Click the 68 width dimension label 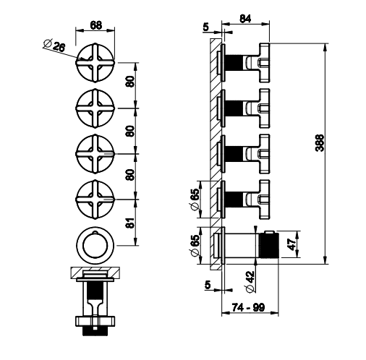pos(96,25)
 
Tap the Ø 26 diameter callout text pos(54,46)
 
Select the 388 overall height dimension pos(320,143)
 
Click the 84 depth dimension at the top pos(245,19)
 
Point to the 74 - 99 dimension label pos(248,307)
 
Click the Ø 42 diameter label pos(250,282)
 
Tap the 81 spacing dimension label pos(130,223)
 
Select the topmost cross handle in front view pos(95,63)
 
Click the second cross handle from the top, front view pos(95,108)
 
